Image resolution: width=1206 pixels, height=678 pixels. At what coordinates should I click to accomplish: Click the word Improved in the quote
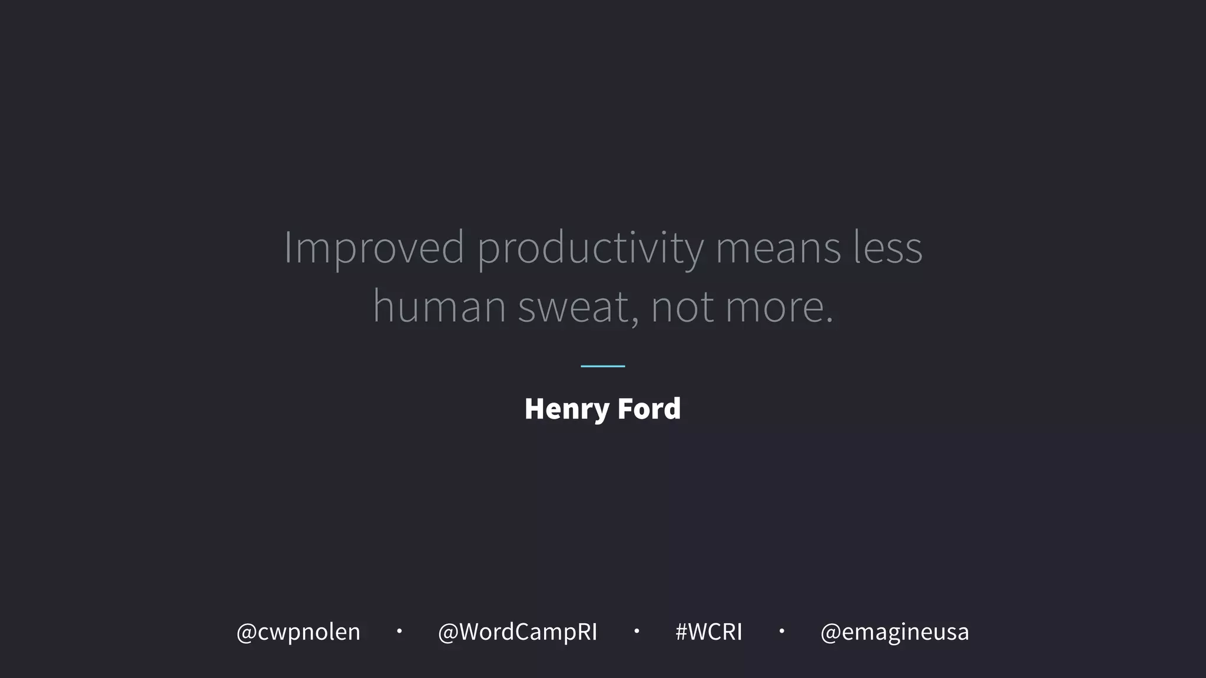click(375, 247)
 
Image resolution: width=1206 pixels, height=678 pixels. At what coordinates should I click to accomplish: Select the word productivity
click(590, 248)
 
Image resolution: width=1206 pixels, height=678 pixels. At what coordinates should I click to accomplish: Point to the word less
click(888, 247)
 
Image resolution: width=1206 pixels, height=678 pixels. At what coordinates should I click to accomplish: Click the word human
click(439, 307)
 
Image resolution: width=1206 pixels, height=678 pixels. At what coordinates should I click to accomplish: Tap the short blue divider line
click(602, 366)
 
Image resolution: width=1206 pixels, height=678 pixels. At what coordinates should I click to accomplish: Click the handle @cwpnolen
click(298, 632)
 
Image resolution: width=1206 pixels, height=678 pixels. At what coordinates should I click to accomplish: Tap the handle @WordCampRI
click(518, 632)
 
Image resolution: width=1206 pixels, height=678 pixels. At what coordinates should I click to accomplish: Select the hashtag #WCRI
click(708, 632)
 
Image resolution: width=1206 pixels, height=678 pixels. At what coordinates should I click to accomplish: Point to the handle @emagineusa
click(894, 632)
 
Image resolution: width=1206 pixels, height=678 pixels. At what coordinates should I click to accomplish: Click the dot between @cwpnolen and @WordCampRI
click(399, 631)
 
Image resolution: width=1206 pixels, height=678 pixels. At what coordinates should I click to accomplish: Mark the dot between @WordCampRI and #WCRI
click(637, 631)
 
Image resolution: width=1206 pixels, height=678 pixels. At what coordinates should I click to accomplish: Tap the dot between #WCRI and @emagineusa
click(781, 631)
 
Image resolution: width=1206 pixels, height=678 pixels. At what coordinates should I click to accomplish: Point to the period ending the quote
click(830, 321)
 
